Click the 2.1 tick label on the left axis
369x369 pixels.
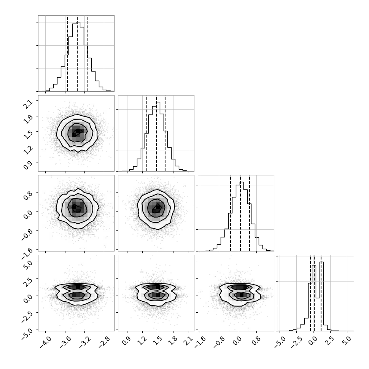(28, 104)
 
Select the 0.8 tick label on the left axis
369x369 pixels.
(28, 196)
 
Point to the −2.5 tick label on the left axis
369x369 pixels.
(27, 316)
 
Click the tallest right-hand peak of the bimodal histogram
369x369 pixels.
(322, 262)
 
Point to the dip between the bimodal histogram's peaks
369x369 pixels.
(318, 298)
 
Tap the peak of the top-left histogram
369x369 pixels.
(78, 22)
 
